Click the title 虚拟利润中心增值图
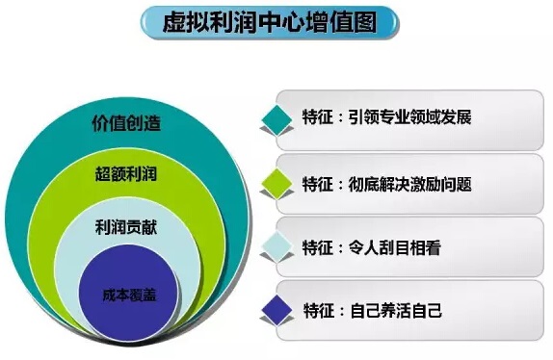point(269,23)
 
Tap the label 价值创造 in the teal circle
point(126,125)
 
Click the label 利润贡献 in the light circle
point(126,228)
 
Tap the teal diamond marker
point(277,120)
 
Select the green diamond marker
point(277,182)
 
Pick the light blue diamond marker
point(277,246)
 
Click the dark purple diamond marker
point(277,310)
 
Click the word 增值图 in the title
point(343,23)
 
